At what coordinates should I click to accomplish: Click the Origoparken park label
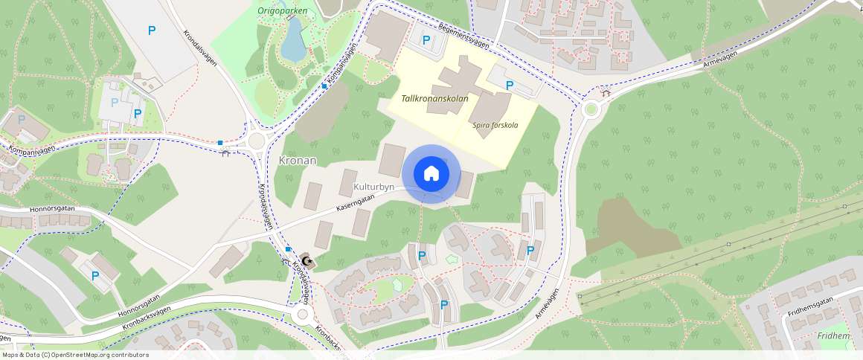click(282, 10)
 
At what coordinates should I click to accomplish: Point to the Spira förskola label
click(495, 125)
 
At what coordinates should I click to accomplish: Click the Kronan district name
click(298, 161)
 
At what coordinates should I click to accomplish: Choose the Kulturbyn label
click(373, 186)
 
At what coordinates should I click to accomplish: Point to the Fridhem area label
click(832, 336)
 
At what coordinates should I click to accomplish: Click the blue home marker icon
click(431, 173)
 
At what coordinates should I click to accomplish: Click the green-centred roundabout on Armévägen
click(591, 110)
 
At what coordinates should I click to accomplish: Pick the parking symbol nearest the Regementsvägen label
click(426, 39)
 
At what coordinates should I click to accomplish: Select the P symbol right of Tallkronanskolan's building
click(509, 86)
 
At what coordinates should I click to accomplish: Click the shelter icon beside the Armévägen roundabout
click(606, 93)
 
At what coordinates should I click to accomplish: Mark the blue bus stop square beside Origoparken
click(325, 86)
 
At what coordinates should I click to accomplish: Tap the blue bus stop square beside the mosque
click(288, 248)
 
